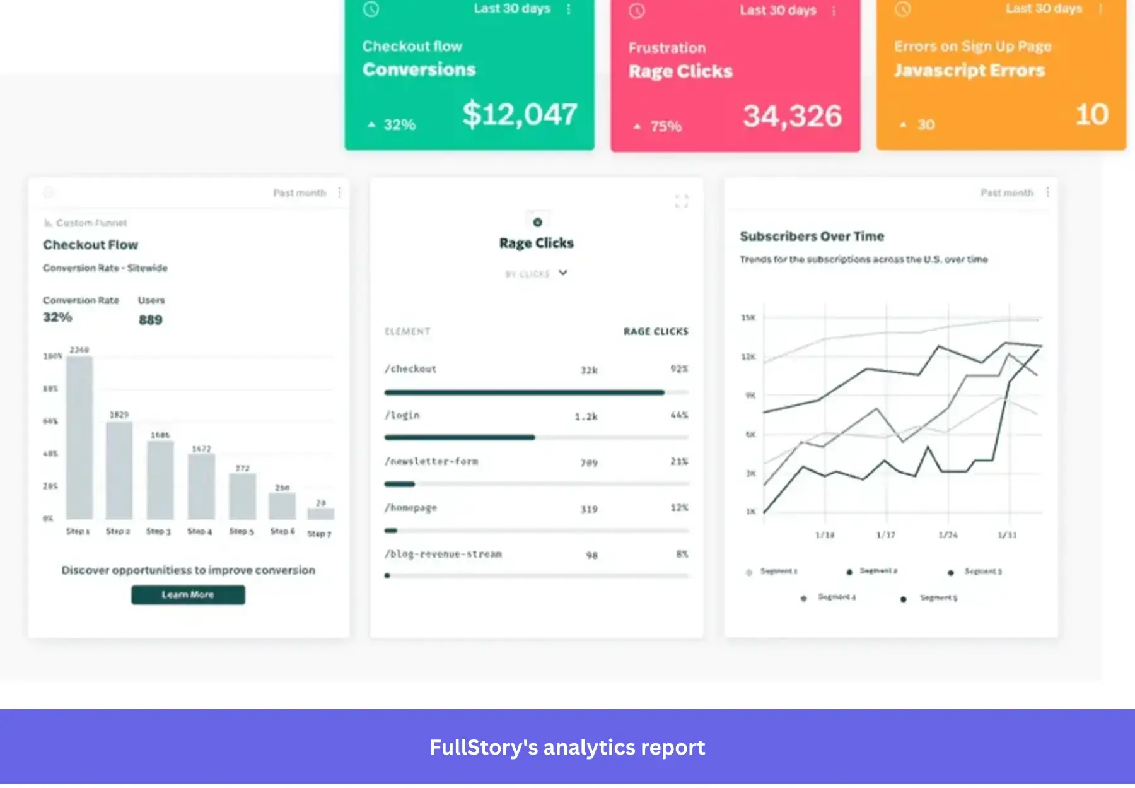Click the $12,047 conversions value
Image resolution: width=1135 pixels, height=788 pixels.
[x=520, y=114]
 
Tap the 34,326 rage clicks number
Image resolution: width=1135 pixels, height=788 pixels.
[x=792, y=116]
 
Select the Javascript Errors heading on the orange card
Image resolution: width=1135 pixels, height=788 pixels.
[x=969, y=70]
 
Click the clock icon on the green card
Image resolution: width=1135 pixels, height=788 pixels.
[x=371, y=9]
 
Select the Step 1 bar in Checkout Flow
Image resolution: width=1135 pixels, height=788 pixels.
[x=79, y=437]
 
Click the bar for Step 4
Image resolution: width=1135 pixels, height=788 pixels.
[x=201, y=486]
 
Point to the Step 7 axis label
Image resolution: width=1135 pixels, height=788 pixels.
[x=319, y=534]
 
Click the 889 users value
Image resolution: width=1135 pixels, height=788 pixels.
[x=151, y=320]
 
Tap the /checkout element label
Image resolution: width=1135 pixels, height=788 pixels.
[x=410, y=369]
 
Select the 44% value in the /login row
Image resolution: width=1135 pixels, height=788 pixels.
[x=679, y=415]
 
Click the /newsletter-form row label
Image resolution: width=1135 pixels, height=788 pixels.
[x=431, y=462]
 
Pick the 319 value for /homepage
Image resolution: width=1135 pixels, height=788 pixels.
[x=589, y=509]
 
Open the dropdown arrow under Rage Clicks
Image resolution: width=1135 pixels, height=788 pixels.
[x=563, y=273]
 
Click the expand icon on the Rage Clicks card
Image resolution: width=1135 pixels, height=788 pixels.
[x=682, y=201]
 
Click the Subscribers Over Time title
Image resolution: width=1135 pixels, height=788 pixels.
[x=812, y=237]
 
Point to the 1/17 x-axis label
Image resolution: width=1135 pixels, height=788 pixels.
[x=885, y=535]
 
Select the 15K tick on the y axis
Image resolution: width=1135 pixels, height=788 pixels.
[x=748, y=318]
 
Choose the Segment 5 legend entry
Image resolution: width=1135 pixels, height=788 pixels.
[x=938, y=597]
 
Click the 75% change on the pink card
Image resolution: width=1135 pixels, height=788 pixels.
[x=666, y=126]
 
